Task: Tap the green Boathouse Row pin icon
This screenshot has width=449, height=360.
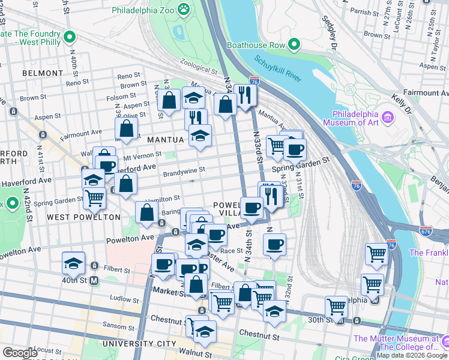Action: [x=294, y=44]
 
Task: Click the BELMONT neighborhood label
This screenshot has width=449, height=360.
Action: [x=42, y=73]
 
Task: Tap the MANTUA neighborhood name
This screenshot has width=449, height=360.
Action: [x=165, y=140]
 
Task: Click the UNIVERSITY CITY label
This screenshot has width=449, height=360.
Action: [x=139, y=344]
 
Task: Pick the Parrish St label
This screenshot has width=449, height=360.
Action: [x=366, y=11]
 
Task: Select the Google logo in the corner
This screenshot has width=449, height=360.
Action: [x=20, y=353]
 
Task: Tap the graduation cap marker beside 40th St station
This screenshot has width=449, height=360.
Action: [x=73, y=263]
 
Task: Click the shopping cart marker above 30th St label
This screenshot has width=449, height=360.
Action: [x=336, y=306]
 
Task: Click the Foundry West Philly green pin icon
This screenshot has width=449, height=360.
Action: [x=70, y=37]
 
